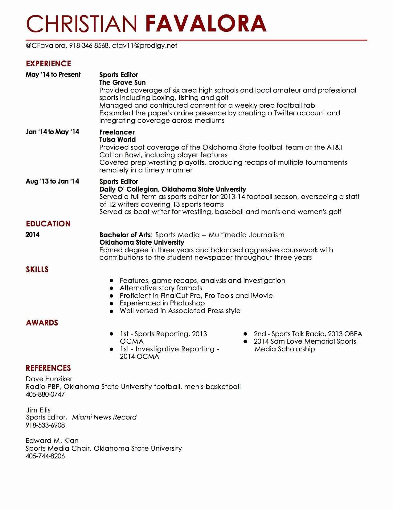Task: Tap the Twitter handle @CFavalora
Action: (46, 46)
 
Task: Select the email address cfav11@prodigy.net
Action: (145, 46)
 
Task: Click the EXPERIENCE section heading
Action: (48, 64)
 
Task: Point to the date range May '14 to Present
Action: (53, 75)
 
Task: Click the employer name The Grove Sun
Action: (122, 82)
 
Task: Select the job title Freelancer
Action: (117, 132)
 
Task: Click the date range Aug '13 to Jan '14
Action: (52, 181)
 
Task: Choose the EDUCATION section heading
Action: (48, 224)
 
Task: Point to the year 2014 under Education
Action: (33, 235)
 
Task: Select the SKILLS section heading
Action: (37, 269)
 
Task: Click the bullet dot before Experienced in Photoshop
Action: (112, 303)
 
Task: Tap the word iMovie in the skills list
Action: (262, 296)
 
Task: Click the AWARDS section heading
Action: (42, 323)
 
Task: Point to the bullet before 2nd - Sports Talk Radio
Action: (246, 334)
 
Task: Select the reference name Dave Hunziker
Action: (49, 379)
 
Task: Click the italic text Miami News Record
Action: (104, 417)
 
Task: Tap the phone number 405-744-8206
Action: (45, 456)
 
